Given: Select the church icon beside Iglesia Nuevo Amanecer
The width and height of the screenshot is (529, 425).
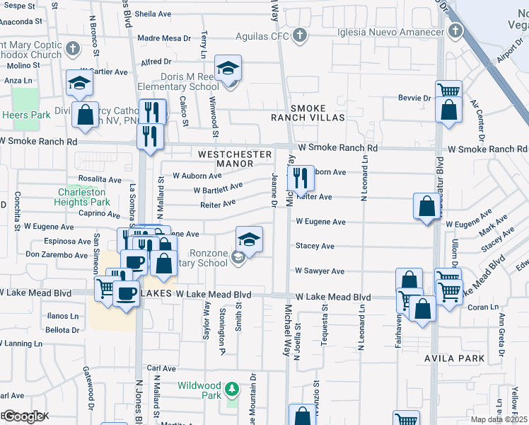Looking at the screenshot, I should (455, 32).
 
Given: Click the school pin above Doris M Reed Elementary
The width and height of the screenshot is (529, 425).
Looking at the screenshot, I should (228, 69).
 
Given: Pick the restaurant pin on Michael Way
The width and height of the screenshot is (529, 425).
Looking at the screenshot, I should (301, 178).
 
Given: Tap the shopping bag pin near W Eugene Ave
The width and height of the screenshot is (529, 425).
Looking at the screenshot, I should (427, 206).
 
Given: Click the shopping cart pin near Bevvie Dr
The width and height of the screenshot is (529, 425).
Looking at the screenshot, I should (448, 91).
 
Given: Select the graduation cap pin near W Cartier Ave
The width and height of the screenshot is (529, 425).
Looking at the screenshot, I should (80, 83).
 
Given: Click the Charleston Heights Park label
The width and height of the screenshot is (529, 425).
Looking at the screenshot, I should (82, 197).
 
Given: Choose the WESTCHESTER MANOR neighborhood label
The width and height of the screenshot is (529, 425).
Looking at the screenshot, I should (235, 159).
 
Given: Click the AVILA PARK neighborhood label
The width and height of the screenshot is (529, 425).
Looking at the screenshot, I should (454, 358).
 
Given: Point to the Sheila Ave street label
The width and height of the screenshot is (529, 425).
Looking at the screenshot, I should (153, 13).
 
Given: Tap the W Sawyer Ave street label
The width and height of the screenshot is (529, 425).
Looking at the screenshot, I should (319, 271).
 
